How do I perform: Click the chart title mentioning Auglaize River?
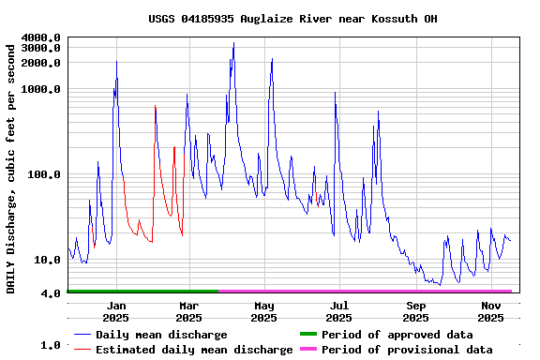coord(292,19)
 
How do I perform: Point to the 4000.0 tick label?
coord(41,37)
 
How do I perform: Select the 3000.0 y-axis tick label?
coord(41,48)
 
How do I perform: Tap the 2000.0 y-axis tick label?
coord(41,63)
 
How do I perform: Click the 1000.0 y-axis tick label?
coord(41,89)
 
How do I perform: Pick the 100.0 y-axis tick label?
coord(45,174)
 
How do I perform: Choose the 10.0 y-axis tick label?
coord(49,260)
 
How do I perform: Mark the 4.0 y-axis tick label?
coord(52,293)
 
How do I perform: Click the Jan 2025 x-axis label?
coord(117,312)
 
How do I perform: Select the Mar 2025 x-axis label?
coord(188,312)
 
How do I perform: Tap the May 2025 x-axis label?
coord(264,312)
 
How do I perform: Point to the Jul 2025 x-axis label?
coord(339,312)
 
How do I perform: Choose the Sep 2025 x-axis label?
coord(416,312)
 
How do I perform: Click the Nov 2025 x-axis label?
coord(491,312)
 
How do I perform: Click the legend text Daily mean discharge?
coord(161,335)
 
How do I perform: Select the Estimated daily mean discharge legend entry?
coord(194,350)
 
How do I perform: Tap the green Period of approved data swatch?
coord(308,335)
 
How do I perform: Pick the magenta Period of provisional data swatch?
coord(308,350)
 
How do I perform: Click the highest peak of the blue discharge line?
coord(233,43)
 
